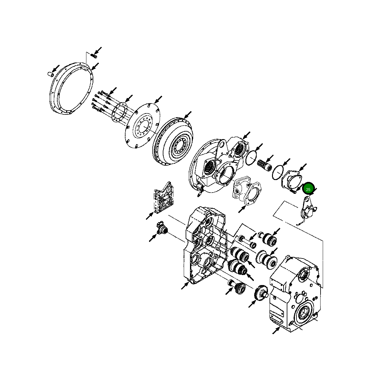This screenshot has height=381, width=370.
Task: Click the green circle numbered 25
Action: (308, 189)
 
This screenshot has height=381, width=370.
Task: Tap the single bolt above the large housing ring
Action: (94, 56)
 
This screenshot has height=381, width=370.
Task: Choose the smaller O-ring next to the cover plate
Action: (278, 173)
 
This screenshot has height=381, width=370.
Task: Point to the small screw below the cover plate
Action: (293, 191)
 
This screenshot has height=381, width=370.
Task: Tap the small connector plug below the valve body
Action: (162, 228)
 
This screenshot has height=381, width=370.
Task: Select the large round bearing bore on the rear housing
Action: (303, 313)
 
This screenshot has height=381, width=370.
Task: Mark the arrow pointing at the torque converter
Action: (188, 115)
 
